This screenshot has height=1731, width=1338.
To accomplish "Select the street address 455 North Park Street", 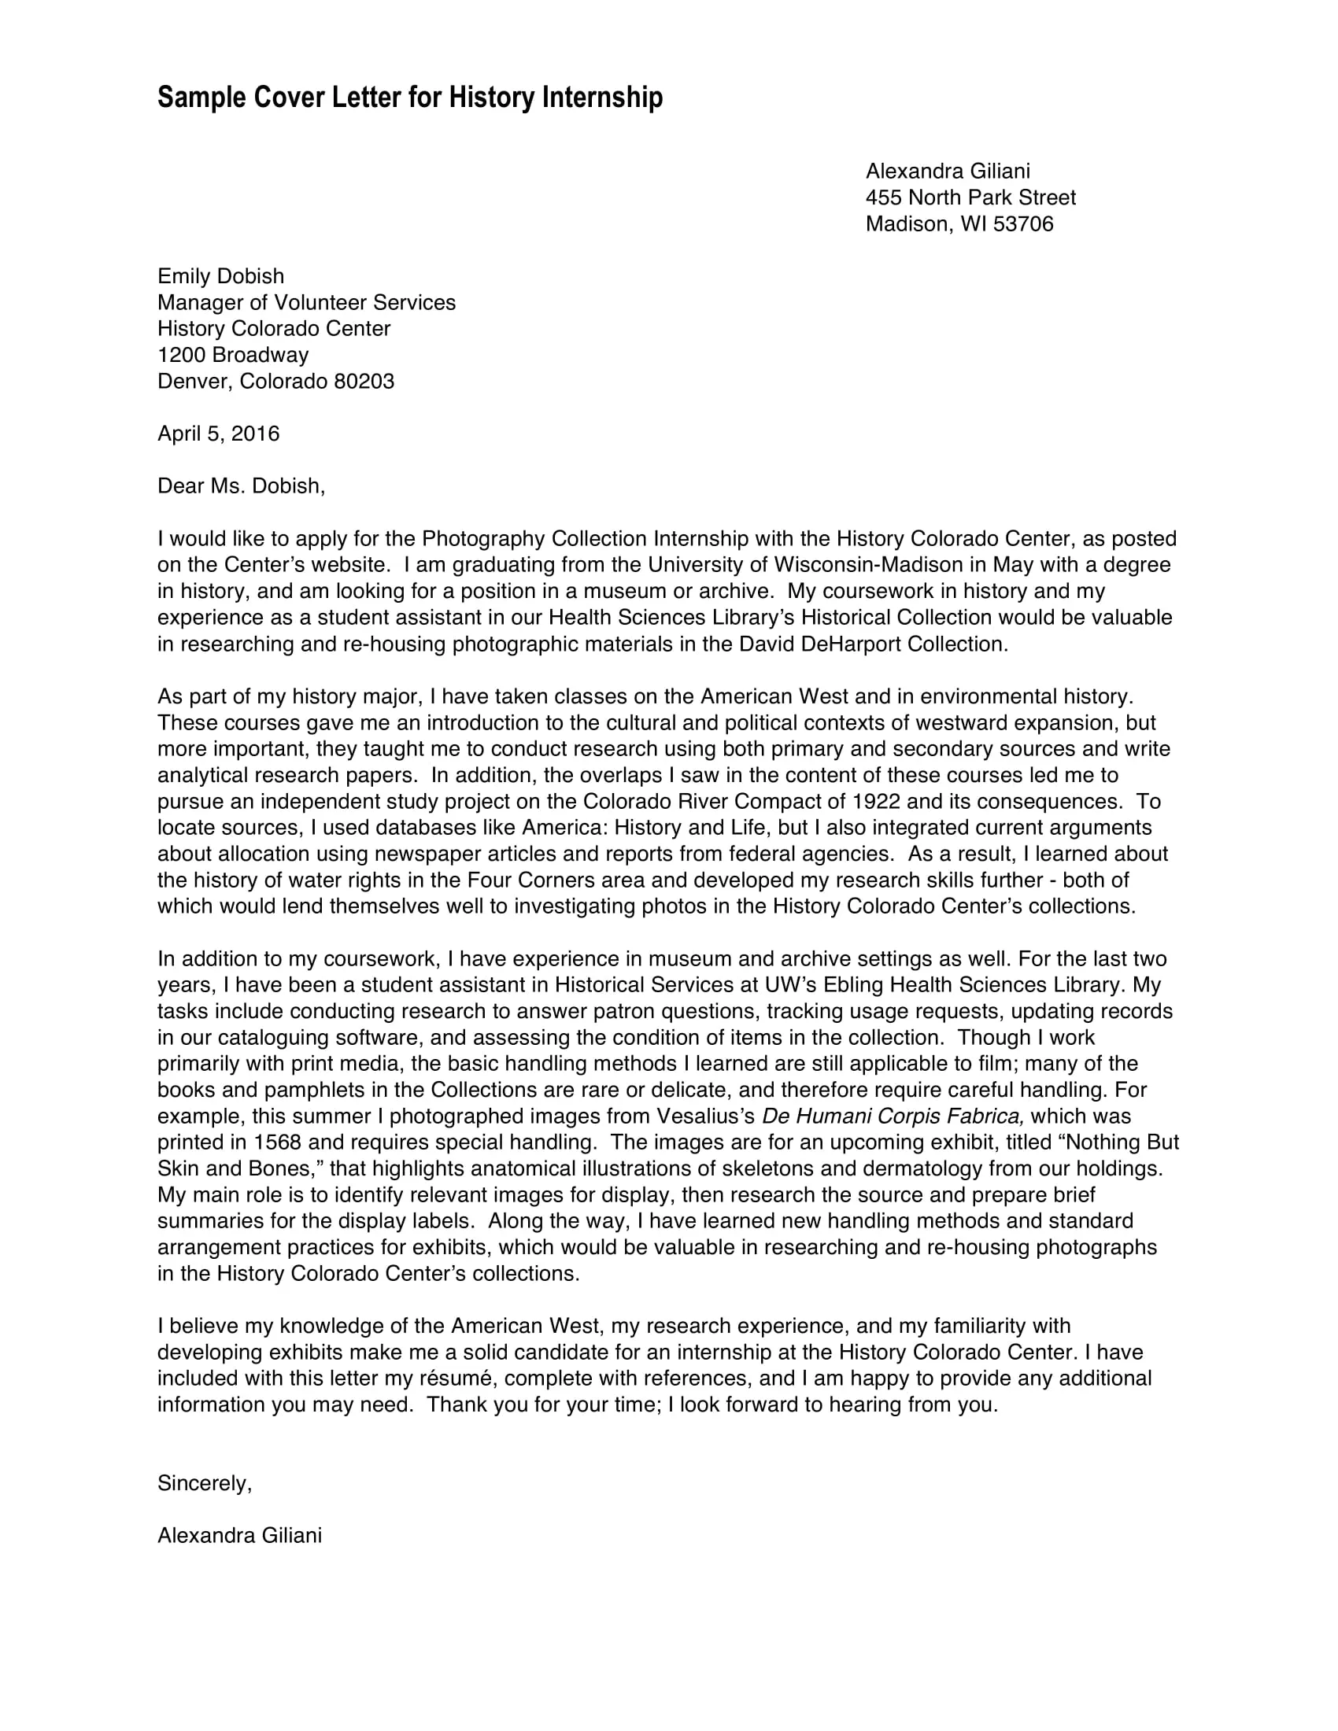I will click(x=970, y=197).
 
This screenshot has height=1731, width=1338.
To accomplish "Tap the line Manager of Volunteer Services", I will click(x=306, y=303).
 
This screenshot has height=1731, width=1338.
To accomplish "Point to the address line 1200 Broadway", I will click(x=232, y=355).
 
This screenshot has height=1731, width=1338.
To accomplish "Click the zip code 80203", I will click(x=364, y=382).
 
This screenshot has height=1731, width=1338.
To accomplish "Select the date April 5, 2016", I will click(x=218, y=434).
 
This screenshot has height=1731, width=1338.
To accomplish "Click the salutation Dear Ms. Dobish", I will click(x=241, y=485).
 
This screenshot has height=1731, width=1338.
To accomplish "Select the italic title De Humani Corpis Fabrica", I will click(x=893, y=1116).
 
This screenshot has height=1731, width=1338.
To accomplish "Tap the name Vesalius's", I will click(x=705, y=1116).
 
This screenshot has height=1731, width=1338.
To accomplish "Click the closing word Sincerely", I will click(x=204, y=1483).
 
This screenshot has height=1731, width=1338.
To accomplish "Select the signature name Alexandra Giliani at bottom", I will click(x=239, y=1535).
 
